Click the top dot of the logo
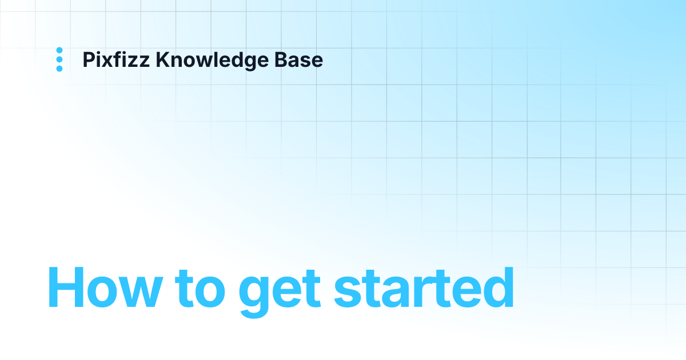(59, 50)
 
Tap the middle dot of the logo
(59, 59)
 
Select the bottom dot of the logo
(59, 69)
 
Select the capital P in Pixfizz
(88, 60)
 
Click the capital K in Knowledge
(162, 60)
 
